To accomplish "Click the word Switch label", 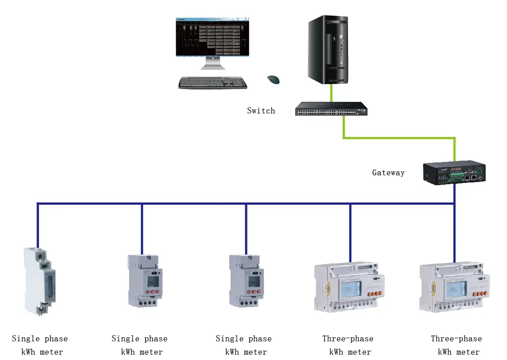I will coord(261,111).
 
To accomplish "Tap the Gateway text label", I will coord(388,173).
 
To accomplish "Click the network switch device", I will coord(331,109).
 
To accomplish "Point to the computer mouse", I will coord(273,80).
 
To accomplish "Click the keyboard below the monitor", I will coord(213,83).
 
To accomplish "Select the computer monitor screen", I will coord(213,37).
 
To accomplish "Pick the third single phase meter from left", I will coord(244,280).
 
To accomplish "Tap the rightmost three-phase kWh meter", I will coord(454,287).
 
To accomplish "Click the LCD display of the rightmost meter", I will coord(455,290).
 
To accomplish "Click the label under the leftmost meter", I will coord(40,345).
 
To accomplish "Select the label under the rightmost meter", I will coord(456,345).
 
